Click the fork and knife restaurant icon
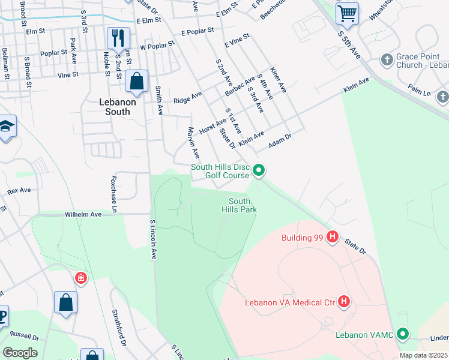[118, 38]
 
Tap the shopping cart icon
[347, 12]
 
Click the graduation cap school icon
[7, 127]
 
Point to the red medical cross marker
[80, 278]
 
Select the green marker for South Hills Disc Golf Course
[259, 171]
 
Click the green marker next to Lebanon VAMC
[403, 334]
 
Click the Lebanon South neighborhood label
[118, 103]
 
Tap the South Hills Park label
[243, 205]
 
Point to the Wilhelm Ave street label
[85, 213]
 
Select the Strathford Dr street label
[118, 328]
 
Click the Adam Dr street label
[280, 141]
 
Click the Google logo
[20, 353]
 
